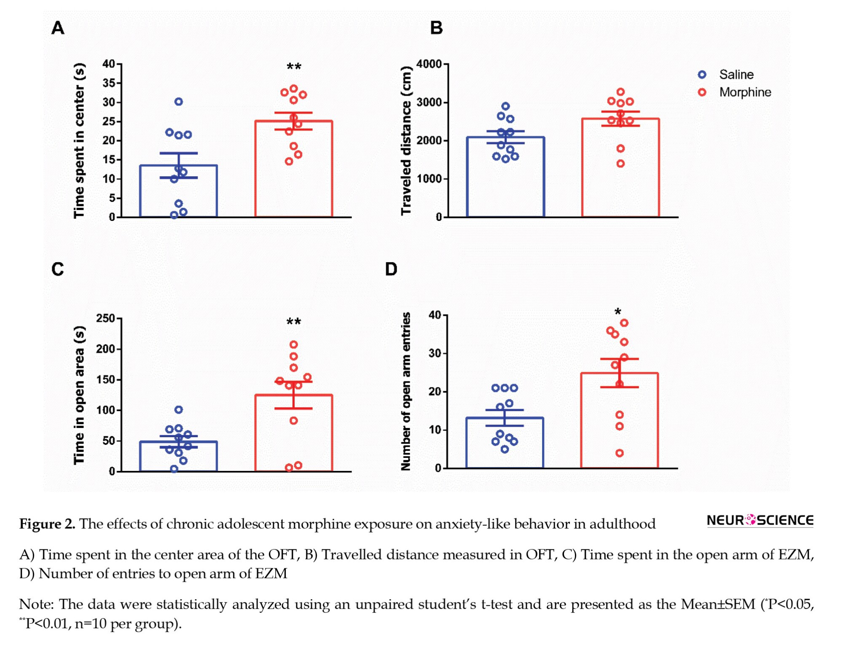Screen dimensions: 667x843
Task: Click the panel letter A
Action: coord(58,28)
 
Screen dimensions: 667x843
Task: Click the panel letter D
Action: coord(391,269)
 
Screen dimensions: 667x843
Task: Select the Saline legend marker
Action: coord(702,75)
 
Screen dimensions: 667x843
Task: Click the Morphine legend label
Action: coord(745,92)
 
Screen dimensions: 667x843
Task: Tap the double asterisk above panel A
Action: coord(294,67)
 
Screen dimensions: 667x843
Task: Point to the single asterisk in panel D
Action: coord(617,312)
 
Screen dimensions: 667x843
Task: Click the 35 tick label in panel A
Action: coord(109,83)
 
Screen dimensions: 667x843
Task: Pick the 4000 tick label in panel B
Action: coord(429,64)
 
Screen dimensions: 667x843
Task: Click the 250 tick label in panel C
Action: coord(105,318)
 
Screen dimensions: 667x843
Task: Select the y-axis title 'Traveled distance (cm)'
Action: coord(405,140)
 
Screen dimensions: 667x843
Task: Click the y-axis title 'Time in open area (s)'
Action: coord(79,395)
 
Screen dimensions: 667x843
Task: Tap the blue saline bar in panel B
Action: coord(505,177)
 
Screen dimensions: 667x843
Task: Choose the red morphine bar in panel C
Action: coord(293,434)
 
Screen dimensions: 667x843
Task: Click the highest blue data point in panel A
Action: coord(179,102)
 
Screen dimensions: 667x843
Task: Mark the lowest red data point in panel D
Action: coord(620,453)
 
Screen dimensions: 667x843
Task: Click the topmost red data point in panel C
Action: coord(294,344)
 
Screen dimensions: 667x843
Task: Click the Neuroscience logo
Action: coord(760,520)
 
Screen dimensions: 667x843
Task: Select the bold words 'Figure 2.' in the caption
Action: coord(47,524)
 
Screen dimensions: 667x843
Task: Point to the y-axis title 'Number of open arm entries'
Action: coord(405,391)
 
